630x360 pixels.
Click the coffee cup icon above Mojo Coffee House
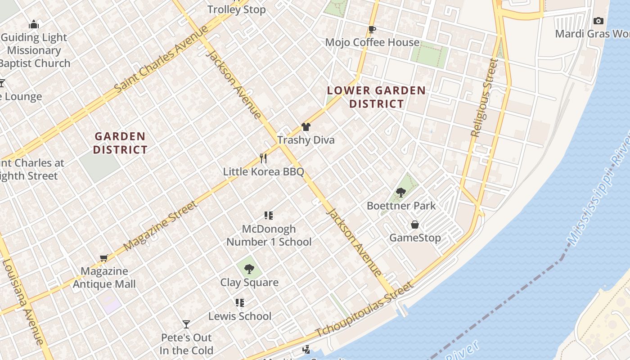coord(372,30)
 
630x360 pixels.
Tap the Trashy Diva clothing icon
coord(306,127)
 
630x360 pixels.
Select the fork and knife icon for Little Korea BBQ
coord(263,158)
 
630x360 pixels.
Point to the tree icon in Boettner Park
coord(400,193)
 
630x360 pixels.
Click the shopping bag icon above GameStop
coord(415,225)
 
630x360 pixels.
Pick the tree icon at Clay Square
coord(249,270)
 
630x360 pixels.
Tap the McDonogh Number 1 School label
coord(269,235)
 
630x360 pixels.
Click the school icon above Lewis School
coord(240,303)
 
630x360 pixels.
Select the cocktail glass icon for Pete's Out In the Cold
coord(186,324)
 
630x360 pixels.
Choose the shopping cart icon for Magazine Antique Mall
coord(104,258)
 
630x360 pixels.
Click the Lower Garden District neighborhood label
coord(376,97)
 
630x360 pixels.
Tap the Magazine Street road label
coord(160,226)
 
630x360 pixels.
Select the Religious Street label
coord(484,97)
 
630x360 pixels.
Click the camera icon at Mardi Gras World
coord(598,21)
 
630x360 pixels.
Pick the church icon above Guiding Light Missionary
coord(34,25)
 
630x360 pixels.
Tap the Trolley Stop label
coord(236,9)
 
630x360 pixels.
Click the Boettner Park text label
coord(401,206)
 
